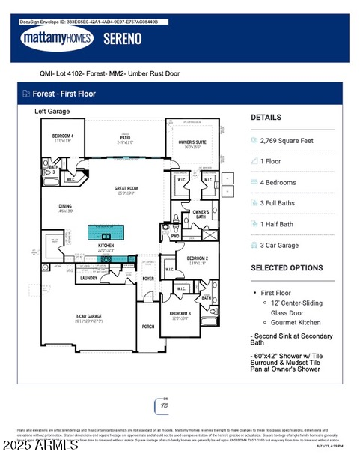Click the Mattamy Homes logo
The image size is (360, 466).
56,39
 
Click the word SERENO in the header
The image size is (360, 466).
122,40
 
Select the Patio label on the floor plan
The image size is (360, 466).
125,138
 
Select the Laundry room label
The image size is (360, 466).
88,278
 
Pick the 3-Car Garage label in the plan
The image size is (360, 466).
88,317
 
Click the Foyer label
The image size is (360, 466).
148,278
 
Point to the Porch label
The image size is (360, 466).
148,326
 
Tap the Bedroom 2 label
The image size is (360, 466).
198,258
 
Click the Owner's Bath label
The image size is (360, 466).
201,214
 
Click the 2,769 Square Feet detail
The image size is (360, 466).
286,140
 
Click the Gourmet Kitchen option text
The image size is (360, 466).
296,321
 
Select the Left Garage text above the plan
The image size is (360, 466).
52,112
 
